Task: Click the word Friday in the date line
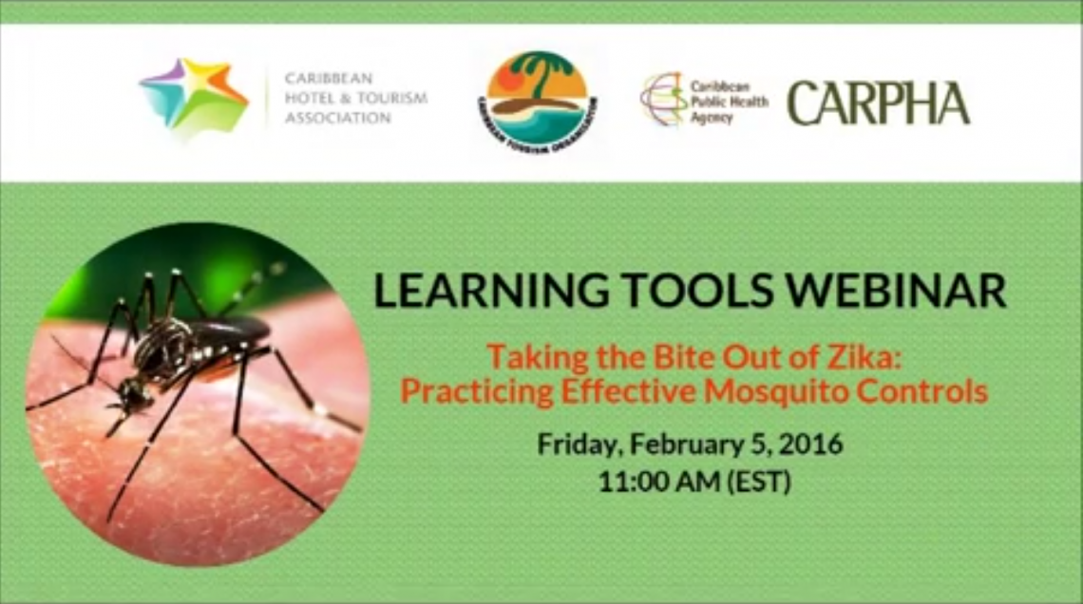coord(579,444)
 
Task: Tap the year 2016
coord(811,444)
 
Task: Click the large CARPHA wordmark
coord(879,104)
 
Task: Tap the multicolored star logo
coord(194,97)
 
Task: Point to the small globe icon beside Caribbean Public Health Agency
coord(664,100)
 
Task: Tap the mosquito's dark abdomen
coord(228,330)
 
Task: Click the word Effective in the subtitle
coord(628,391)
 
